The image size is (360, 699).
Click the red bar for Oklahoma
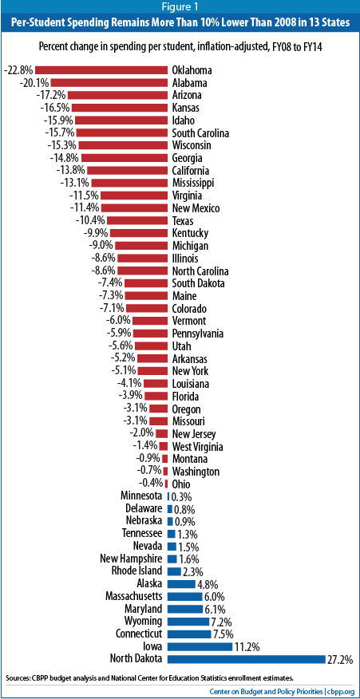(x=101, y=69)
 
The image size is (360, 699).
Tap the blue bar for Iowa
(x=199, y=646)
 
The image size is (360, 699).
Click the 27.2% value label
(x=340, y=659)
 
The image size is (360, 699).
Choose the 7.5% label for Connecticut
(x=224, y=634)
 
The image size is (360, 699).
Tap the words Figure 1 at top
(x=180, y=9)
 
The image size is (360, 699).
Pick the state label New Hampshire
(x=131, y=559)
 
